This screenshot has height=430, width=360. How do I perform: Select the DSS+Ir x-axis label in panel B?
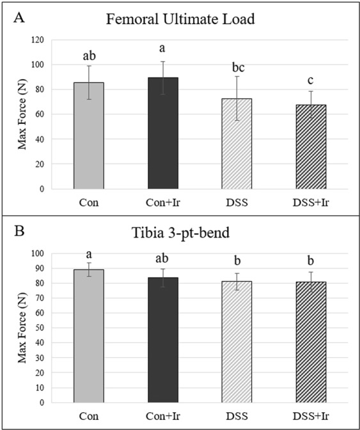312,416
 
